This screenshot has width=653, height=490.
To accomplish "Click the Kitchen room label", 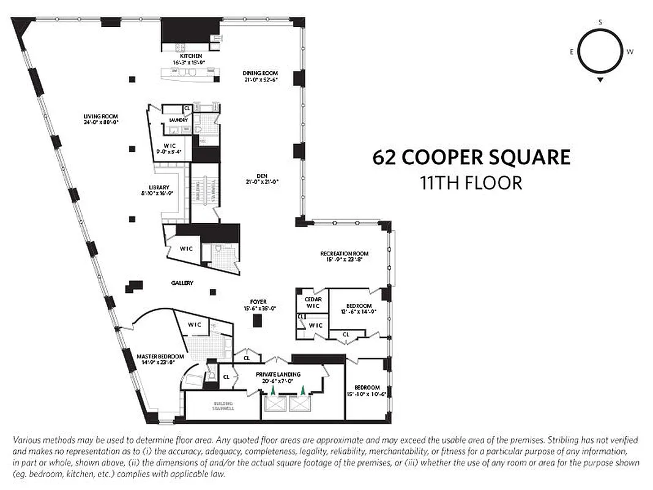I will pos(191,56).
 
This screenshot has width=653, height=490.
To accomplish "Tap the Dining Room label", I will pos(261,72).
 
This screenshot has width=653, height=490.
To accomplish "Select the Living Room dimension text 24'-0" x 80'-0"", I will pos(101,122).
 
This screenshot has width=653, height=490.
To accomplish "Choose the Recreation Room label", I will pos(345,253).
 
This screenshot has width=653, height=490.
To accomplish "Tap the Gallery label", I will pos(182,283).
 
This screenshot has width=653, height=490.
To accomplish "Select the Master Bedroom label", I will pos(160,356).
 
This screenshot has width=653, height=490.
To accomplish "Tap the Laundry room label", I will pos(178,120).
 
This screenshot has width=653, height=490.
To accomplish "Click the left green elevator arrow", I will pos(273,389).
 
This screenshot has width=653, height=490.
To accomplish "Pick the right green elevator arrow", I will pos(302,389).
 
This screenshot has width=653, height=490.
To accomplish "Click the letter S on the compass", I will pos(600,23).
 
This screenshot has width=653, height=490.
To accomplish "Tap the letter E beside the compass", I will pos(572,52).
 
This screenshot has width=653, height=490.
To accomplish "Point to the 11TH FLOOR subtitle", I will pos(471,183).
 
